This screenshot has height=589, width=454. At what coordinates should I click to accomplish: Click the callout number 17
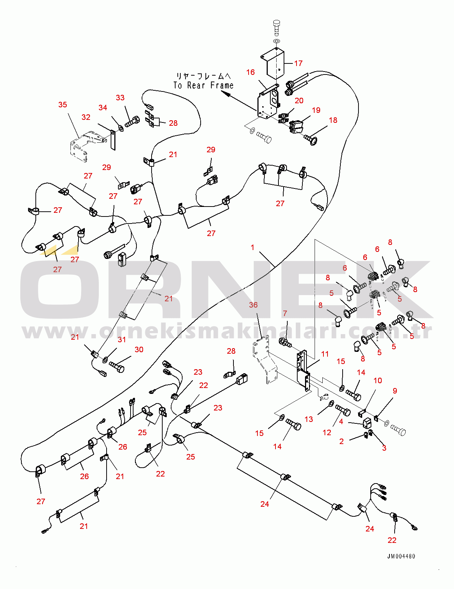pos(298,63)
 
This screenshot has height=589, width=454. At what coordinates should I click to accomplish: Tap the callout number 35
pos(63,105)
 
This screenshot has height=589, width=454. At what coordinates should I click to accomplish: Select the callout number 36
pos(253,305)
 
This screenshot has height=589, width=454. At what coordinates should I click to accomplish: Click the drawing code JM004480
pos(401,557)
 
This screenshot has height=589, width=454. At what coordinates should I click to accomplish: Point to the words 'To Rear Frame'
pos(204,86)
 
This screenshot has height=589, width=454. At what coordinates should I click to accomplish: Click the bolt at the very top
pos(277,26)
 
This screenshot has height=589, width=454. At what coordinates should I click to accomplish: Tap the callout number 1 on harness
pos(253,247)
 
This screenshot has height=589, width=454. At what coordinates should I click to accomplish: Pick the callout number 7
pos(285,313)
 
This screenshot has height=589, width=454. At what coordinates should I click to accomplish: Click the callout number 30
pos(139,350)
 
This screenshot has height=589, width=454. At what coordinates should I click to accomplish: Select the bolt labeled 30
pos(117,367)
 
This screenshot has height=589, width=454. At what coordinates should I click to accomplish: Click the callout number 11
pos(325,354)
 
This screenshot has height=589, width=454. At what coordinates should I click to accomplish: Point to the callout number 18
pos(333,120)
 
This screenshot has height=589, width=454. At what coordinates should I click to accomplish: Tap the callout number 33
pos(120,98)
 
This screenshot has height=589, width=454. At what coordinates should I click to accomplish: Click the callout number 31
pos(122,340)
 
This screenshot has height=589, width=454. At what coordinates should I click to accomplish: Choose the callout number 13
pos(309,419)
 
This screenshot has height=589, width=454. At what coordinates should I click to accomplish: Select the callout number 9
pos(395,391)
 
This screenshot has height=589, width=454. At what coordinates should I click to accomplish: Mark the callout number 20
pos(299,101)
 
